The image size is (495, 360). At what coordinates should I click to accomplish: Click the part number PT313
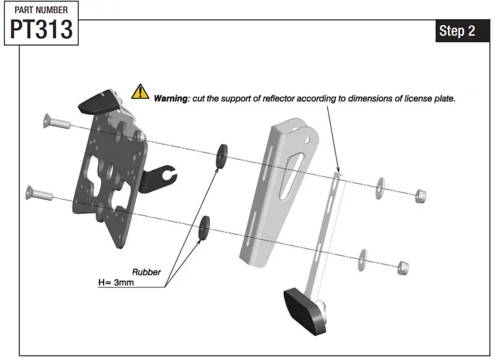pos(41,29)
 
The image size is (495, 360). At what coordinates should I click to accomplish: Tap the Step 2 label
pos(457,31)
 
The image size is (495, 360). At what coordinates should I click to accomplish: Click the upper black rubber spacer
pos(221,153)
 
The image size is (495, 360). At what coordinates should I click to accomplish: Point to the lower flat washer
pos(363,258)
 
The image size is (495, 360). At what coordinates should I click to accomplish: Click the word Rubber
pos(147,271)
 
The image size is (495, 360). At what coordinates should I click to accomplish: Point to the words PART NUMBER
pos(41,10)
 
